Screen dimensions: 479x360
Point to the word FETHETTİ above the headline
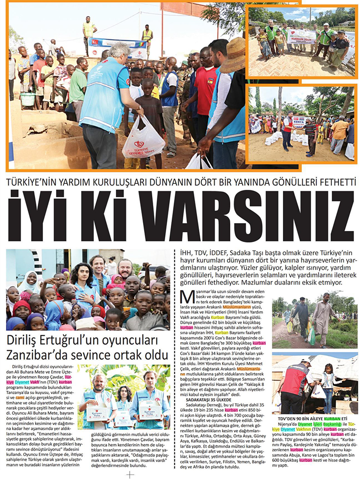tap(330, 182)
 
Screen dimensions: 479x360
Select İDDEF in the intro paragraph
tap(215, 254)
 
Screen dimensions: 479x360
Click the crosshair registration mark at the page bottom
tap(131, 474)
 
